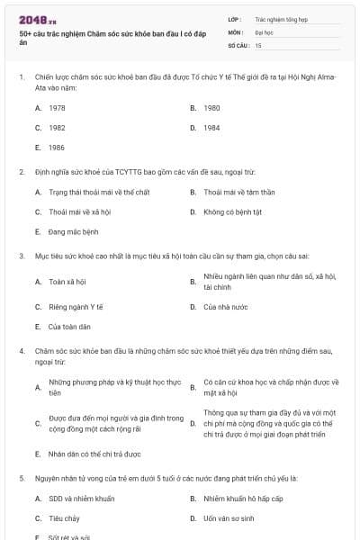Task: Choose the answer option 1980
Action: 211,107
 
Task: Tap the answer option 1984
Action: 211,127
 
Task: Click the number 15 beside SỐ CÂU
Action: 258,44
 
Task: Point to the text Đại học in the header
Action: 264,31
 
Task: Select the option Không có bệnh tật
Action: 232,212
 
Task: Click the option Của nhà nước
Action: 225,307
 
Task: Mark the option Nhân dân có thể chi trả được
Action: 94,454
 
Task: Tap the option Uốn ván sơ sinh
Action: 229,518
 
